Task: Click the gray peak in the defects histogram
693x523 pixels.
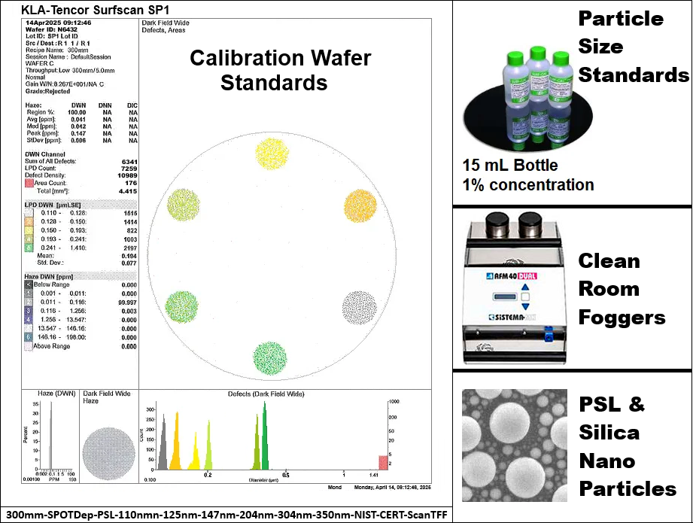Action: click(163, 444)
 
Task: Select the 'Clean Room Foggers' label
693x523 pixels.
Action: click(622, 289)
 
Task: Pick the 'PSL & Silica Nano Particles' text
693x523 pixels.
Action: click(628, 446)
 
